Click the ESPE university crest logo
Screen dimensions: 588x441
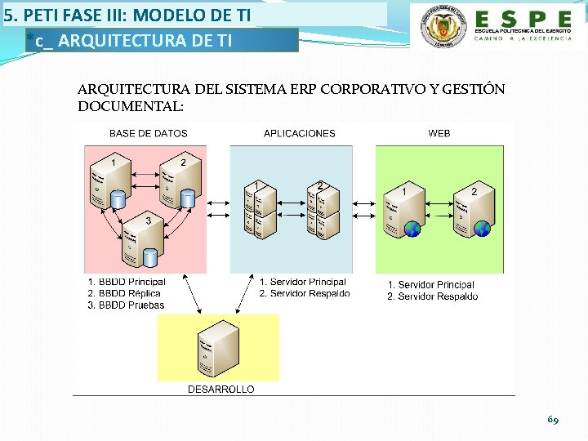(440, 26)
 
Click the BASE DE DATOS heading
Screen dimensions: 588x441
(149, 133)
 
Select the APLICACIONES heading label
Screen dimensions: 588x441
(300, 133)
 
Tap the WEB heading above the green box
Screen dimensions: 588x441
(439, 133)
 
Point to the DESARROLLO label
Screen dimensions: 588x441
(221, 390)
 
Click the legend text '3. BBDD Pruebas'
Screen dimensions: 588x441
(126, 305)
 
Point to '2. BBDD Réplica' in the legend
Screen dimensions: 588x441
(124, 294)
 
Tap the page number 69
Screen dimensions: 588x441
(553, 420)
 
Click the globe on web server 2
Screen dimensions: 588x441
(483, 229)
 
